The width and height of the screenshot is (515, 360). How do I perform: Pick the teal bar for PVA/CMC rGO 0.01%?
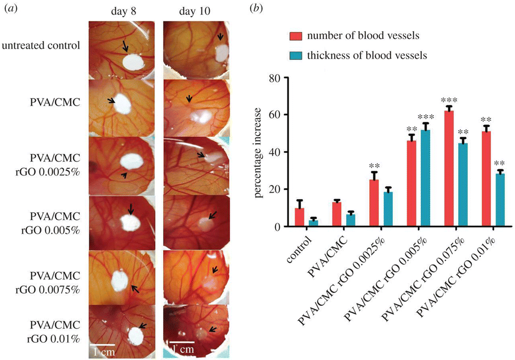click(499, 200)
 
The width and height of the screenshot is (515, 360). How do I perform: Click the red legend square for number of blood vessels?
click(295, 36)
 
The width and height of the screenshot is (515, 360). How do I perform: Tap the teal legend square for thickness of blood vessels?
click(295, 54)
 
